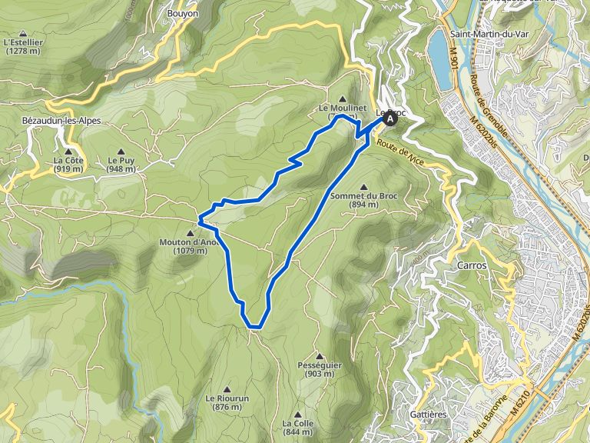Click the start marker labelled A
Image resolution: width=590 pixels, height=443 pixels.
[x=391, y=118]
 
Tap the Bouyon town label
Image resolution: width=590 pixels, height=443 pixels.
[x=182, y=13]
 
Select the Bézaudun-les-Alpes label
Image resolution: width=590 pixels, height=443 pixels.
[x=61, y=121]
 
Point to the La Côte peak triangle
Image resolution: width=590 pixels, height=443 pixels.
[x=68, y=152]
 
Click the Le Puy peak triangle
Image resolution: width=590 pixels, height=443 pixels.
[x=121, y=152]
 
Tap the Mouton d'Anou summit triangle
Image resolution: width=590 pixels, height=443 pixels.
[x=190, y=233]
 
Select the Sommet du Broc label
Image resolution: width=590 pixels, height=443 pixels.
[x=356, y=196]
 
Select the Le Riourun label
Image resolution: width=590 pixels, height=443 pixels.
[x=224, y=398]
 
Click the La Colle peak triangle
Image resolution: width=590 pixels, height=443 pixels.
[x=297, y=414]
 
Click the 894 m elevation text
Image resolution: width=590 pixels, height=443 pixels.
[x=356, y=205]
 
